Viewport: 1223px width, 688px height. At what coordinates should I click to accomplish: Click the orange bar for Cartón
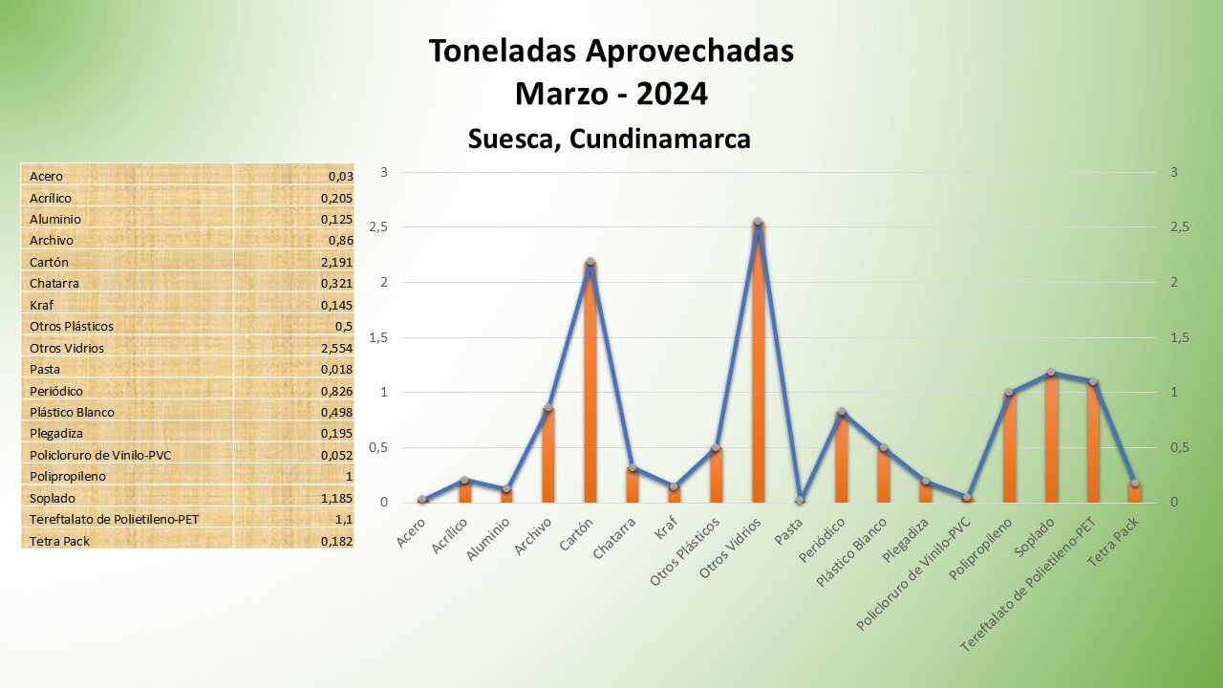pos(590,382)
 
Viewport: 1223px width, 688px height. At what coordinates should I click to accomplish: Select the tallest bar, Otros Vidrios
pos(758,363)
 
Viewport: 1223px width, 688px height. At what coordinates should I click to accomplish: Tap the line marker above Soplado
pos(1051,373)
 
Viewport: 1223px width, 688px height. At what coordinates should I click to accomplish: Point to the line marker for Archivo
pos(547,408)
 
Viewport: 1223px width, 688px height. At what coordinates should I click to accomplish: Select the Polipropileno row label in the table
pos(68,476)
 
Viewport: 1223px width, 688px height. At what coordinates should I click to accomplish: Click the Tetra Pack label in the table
pos(59,541)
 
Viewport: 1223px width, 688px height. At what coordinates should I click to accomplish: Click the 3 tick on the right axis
pos(1174,173)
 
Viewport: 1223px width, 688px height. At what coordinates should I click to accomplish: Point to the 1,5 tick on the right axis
pos(1180,337)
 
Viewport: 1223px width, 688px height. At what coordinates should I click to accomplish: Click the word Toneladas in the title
pos(505,51)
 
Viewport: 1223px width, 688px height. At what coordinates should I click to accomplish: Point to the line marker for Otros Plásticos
pos(716,447)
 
